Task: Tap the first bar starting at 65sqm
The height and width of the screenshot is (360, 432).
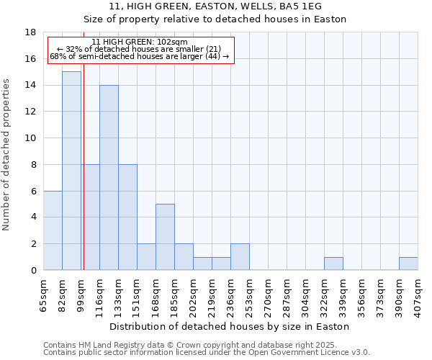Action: tap(53, 230)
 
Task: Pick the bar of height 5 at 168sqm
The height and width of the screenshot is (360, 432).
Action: tap(165, 237)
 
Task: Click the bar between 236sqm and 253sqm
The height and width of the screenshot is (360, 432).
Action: tap(240, 257)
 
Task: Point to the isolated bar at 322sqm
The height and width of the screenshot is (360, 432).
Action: tap(333, 264)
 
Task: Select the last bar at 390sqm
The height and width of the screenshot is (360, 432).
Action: tap(408, 264)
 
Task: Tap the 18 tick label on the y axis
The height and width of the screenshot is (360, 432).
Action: tap(30, 32)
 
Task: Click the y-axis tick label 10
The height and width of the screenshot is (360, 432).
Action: tap(30, 138)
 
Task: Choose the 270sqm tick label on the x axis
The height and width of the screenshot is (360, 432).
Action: tap(269, 293)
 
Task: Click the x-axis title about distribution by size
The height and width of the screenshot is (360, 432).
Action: tap(230, 326)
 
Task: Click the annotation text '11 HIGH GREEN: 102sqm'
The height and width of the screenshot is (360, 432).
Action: tap(140, 42)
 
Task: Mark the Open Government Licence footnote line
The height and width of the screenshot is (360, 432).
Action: tap(206, 352)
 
